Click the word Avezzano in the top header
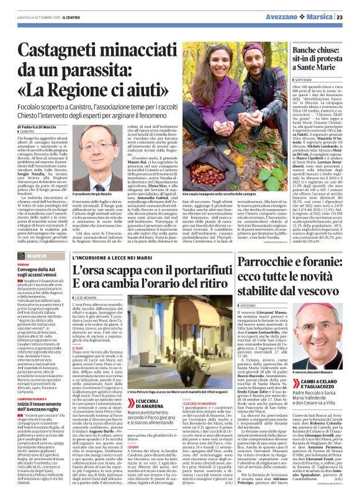tap(288, 17)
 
